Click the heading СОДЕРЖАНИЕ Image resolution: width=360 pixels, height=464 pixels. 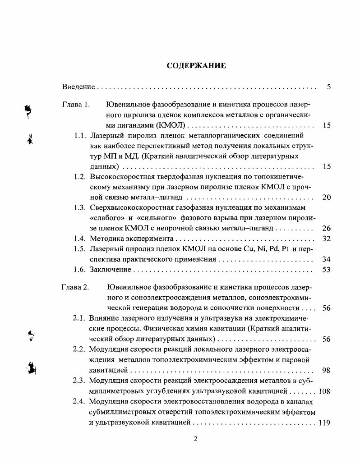click(x=196, y=65)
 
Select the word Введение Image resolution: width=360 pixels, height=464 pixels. click(x=78, y=87)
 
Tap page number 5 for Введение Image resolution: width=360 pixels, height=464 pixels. click(x=329, y=87)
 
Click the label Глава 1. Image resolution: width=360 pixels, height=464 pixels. click(x=76, y=105)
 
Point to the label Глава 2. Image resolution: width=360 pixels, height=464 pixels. click(x=76, y=287)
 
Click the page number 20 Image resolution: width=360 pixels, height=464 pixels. click(x=327, y=197)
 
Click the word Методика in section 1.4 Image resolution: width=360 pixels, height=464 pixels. click(x=105, y=239)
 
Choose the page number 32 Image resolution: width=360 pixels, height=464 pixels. click(x=327, y=239)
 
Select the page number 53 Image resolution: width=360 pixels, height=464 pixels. click(x=327, y=270)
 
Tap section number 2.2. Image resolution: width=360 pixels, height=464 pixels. click(x=79, y=349)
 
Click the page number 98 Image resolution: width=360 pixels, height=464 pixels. click(x=327, y=370)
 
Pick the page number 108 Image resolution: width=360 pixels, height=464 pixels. click(x=324, y=391)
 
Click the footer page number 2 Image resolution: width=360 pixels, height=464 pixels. click(x=195, y=440)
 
